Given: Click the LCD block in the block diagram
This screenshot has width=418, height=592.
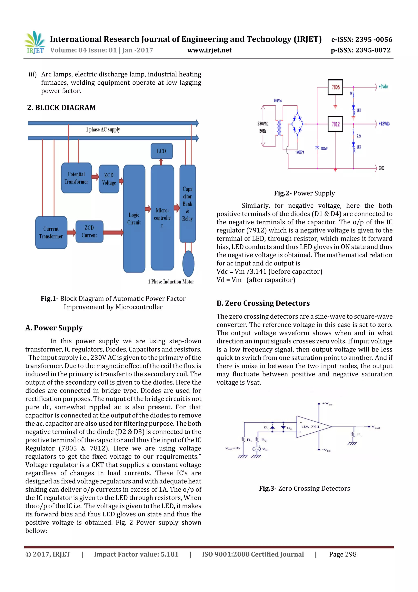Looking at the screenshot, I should [x=161, y=151].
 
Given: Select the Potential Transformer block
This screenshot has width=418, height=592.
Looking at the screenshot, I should [x=77, y=178].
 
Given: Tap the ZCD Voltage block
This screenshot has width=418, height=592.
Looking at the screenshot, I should [x=109, y=179].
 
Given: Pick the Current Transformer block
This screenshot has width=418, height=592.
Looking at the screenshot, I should [x=51, y=233].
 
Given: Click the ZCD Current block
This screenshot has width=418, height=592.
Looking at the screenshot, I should [x=89, y=232].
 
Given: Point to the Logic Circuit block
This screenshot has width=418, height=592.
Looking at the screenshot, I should [x=134, y=219].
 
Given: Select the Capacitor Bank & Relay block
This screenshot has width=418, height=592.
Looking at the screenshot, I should [x=188, y=204].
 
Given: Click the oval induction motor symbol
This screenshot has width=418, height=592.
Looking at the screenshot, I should [x=188, y=264].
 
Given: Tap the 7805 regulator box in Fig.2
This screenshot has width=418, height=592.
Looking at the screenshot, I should [x=335, y=87].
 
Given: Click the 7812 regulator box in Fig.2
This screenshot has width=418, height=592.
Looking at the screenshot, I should [x=335, y=124].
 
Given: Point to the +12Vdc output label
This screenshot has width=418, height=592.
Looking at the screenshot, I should [x=384, y=124].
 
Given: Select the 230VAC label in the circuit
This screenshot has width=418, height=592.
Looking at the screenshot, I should [x=263, y=124].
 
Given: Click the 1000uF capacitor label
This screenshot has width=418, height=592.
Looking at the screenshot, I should [x=324, y=149].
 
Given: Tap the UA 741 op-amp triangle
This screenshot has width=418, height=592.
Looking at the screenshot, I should [x=312, y=427].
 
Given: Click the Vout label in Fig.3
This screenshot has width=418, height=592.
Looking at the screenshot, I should [x=376, y=427].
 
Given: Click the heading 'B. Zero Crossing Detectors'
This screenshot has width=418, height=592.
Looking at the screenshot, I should [x=263, y=303].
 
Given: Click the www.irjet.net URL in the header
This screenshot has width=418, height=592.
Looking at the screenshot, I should [x=209, y=50].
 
